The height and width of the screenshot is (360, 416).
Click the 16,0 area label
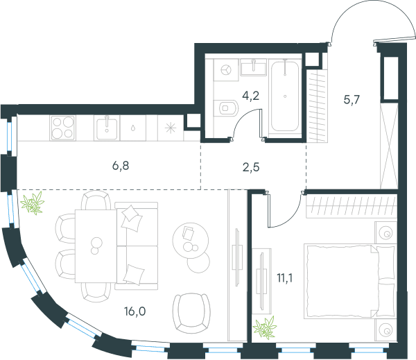[135, 311]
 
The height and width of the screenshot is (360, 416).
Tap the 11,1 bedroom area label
[285, 278]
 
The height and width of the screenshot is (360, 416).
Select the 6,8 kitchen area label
[121, 166]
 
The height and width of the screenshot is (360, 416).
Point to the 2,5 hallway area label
[251, 167]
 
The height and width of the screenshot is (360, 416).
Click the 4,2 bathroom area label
[251, 96]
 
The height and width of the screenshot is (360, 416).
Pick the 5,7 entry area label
[352, 100]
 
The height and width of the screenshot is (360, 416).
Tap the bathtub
[285, 96]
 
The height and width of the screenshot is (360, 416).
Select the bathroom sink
[253, 67]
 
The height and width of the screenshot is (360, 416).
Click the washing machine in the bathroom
[226, 70]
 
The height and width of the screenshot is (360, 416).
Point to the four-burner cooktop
[62, 128]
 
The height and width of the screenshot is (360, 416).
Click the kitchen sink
[107, 128]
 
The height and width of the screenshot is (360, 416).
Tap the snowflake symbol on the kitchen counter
[171, 128]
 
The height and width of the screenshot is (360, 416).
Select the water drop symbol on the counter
[132, 128]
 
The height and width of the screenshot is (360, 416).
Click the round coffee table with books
[191, 241]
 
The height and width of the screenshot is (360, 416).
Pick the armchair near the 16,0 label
[191, 314]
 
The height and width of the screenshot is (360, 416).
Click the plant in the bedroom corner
[265, 327]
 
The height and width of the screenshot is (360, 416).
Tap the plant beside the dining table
[33, 203]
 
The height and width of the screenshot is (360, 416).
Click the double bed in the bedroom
[349, 281]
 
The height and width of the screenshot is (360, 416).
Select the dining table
[96, 246]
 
